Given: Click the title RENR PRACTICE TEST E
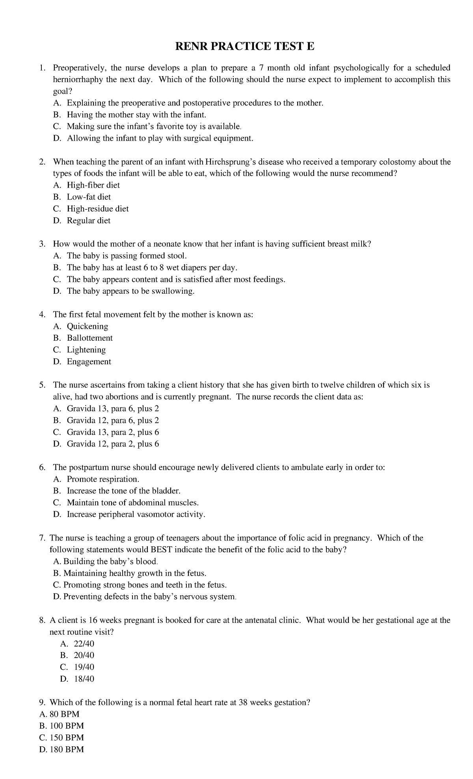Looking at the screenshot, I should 244,47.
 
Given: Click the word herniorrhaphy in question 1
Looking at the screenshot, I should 78,80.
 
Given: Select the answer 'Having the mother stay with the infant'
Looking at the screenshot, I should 136,115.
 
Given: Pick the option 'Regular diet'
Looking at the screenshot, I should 89,220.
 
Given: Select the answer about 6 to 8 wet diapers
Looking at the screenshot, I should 152,268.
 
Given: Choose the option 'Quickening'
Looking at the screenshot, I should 87,326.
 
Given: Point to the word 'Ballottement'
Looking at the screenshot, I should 89,338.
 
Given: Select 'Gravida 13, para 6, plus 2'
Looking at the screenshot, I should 113,409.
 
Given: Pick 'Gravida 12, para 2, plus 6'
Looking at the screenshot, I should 113,444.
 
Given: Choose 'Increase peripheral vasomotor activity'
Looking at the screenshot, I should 136,514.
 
